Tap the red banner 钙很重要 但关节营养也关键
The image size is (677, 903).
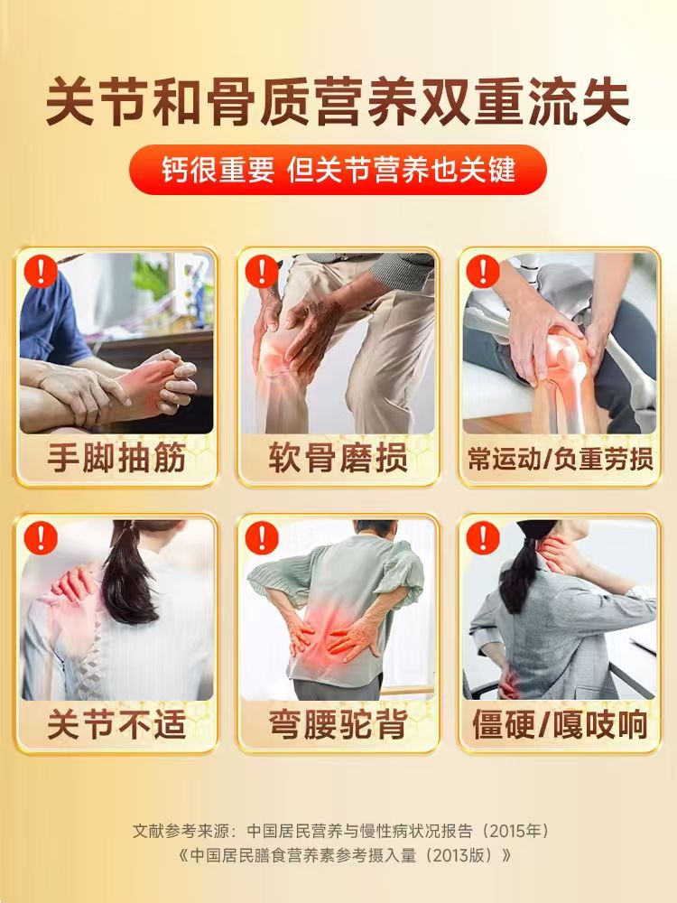(338, 170)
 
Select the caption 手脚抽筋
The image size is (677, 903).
(116, 459)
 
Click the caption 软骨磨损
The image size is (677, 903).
(338, 459)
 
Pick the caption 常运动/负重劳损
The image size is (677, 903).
(560, 459)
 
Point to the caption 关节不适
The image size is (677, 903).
(116, 724)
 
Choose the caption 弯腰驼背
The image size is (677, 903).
(338, 724)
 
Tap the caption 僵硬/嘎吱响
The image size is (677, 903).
(560, 724)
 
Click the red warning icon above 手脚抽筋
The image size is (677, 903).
(40, 271)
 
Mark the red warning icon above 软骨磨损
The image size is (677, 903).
(262, 271)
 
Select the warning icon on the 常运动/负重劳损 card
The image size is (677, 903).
(483, 271)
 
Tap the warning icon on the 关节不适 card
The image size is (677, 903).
(40, 537)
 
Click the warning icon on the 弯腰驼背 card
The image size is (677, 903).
(262, 537)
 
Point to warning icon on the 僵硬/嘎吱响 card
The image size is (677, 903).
(483, 537)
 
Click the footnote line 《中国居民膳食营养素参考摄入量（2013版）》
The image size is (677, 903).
(338, 854)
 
